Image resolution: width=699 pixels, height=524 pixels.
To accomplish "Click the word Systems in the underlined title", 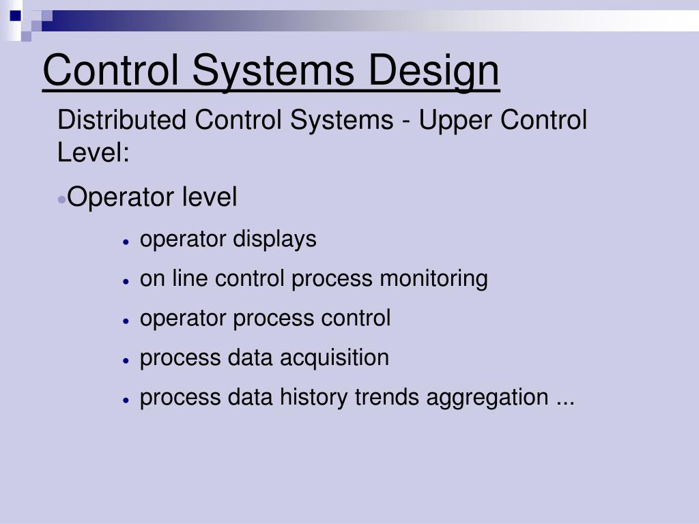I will tap(273, 71).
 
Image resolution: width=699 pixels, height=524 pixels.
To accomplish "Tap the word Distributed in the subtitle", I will tap(122, 121).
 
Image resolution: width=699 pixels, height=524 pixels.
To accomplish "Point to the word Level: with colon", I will tap(94, 152).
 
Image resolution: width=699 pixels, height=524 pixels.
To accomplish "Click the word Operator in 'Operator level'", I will tap(121, 198).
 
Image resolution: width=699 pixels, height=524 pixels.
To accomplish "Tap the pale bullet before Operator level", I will tap(62, 199).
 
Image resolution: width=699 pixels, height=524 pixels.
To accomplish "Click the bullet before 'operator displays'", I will tap(126, 242).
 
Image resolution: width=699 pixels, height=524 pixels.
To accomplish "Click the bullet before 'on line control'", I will tap(126, 281).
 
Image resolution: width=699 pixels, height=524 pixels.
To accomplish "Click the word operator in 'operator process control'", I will tap(184, 319).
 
